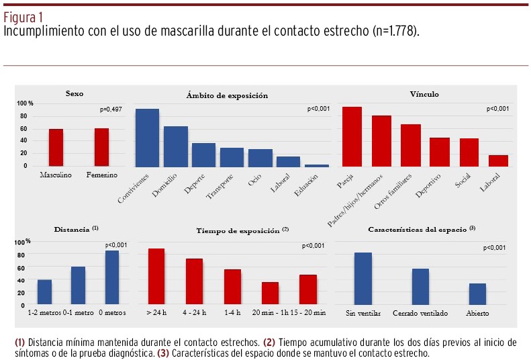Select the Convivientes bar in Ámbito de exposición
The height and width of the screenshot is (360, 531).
tap(147, 137)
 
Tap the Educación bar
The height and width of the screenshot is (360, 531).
tap(317, 165)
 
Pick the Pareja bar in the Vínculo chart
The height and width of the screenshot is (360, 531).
tap(352, 136)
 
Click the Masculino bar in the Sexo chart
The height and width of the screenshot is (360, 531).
tap(56, 148)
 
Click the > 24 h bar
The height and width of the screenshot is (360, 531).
tap(156, 277)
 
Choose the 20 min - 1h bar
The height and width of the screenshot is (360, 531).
tap(270, 294)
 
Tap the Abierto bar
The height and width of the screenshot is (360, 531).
tap(477, 294)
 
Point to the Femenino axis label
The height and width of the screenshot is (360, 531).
tap(101, 175)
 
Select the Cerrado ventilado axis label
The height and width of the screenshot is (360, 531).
tap(420, 314)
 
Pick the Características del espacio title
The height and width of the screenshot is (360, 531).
tap(421, 230)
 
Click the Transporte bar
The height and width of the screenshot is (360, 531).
tap(232, 157)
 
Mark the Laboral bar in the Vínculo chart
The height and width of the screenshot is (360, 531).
tap(498, 161)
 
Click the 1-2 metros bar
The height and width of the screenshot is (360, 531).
tap(45, 292)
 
